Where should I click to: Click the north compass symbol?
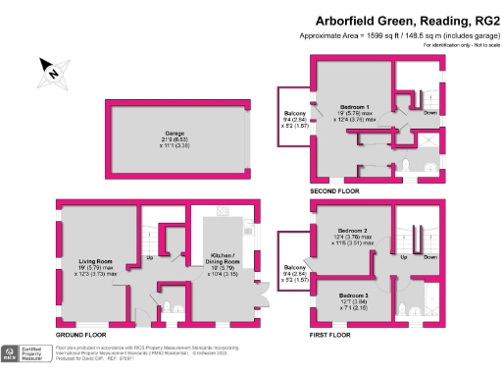coord(52,70)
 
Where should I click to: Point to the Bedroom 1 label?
coord(354,106)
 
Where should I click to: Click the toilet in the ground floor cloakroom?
coord(166,306)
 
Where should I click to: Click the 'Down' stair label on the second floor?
coord(430,113)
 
